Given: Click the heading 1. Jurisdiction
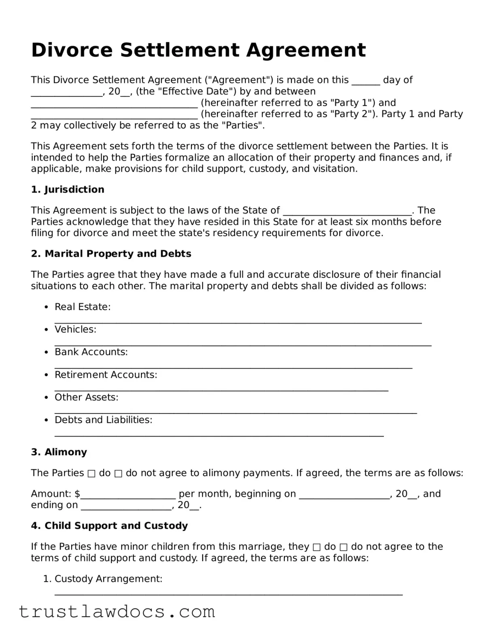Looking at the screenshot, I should click(x=68, y=190).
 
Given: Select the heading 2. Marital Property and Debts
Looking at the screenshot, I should click(x=111, y=254).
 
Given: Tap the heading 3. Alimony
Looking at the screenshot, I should click(x=59, y=452).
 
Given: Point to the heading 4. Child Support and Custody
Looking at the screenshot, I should click(x=109, y=526).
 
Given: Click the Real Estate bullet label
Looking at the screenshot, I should click(x=83, y=307).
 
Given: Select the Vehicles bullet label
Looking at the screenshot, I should click(x=75, y=329).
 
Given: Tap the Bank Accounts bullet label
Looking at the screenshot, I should click(x=91, y=352).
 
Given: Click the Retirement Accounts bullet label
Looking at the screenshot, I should click(x=106, y=375).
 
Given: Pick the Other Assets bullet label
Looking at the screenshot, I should click(x=86, y=397).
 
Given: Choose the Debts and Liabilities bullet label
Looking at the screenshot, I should click(x=103, y=420).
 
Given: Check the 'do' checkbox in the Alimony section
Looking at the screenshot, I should click(x=92, y=473).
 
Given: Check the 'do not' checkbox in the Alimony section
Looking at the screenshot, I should click(x=118, y=473).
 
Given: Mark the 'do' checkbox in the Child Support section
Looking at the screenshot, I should click(x=317, y=547).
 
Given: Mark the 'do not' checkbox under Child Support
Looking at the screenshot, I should click(x=343, y=547).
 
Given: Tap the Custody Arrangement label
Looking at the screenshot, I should click(x=108, y=579).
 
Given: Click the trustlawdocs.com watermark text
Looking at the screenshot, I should click(x=117, y=611).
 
